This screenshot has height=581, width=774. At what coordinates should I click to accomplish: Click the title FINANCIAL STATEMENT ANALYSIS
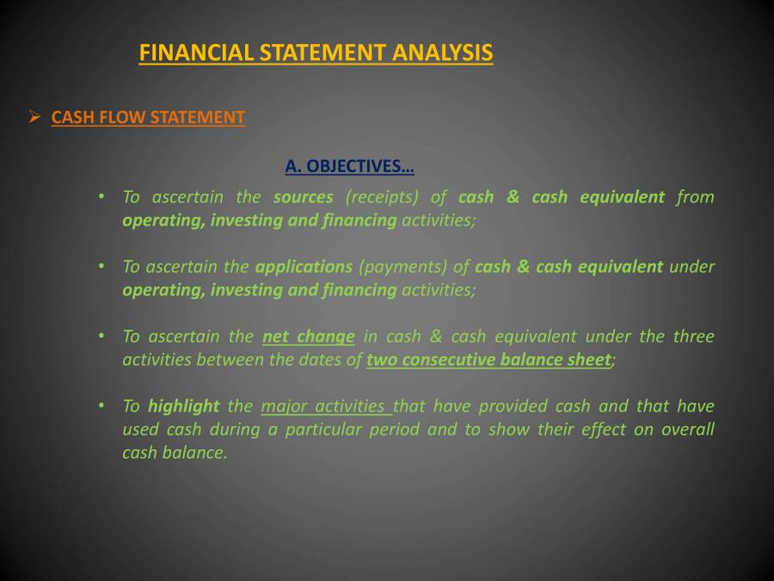point(316,53)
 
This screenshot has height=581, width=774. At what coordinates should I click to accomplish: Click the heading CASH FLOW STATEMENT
point(148,117)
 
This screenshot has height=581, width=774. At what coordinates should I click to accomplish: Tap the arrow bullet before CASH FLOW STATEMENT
point(34,116)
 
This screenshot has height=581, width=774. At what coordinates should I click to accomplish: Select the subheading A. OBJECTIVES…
point(349,165)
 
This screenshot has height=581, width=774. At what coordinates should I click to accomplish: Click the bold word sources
point(303,197)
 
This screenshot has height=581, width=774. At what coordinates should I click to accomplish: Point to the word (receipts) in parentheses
point(382,197)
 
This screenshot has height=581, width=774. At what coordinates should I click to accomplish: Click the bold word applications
point(304,267)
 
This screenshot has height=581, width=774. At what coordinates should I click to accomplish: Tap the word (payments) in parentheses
point(398,267)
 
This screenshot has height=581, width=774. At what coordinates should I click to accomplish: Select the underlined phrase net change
point(308,337)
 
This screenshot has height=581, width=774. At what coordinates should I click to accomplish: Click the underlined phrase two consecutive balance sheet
point(488,360)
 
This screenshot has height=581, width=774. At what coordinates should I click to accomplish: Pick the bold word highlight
point(183,406)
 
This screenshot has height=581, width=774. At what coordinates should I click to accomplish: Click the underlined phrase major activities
point(325,406)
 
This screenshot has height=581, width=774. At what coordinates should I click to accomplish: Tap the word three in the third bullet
point(693,337)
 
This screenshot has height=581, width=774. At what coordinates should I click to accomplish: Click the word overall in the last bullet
point(687,430)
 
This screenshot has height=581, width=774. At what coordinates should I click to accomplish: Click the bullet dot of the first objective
point(101,197)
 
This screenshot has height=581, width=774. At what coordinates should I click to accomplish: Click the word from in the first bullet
point(695,197)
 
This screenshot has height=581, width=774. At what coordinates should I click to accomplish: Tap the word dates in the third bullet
point(321,360)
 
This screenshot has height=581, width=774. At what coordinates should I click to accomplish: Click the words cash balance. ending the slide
point(175,453)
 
